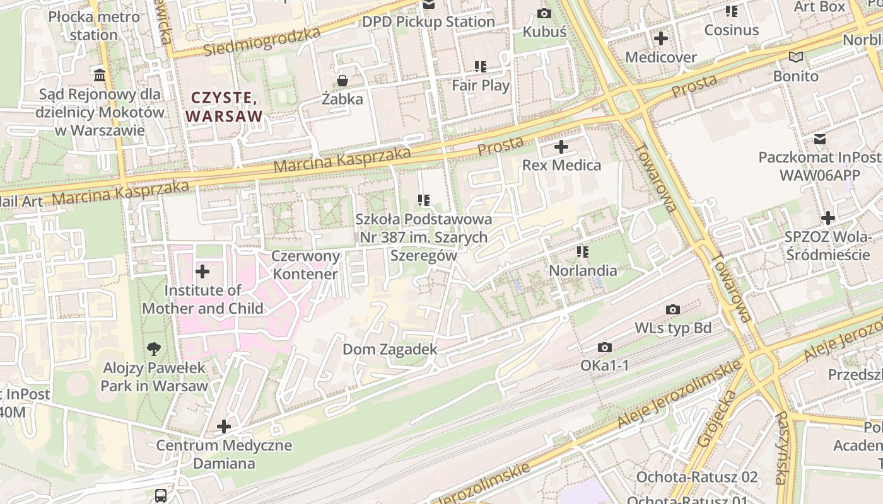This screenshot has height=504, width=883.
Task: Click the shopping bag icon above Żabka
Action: [342, 81]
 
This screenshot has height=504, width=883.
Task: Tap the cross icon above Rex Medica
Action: [561, 147]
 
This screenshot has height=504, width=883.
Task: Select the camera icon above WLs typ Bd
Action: [673, 310]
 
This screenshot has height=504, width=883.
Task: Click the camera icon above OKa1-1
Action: [604, 348]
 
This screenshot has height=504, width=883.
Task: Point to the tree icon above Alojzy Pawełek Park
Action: [154, 349]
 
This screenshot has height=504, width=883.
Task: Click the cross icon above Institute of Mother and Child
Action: [202, 272]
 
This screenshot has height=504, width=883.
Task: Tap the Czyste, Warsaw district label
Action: [224, 107]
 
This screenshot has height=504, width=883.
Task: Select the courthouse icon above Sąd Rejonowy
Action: [100, 76]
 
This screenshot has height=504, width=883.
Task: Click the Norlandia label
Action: [583, 270]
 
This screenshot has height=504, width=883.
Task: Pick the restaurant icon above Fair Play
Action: [481, 67]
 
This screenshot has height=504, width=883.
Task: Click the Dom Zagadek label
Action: [390, 349]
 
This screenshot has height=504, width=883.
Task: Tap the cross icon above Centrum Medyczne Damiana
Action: [224, 427]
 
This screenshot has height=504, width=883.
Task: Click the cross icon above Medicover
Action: [660, 39]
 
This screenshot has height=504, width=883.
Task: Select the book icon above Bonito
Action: [796, 57]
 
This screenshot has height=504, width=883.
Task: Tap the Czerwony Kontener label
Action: [306, 265]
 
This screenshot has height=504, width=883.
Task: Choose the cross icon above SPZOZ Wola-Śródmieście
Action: [827, 219]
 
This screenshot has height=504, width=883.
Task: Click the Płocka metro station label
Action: [93, 25]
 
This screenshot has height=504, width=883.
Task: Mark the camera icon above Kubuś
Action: [544, 13]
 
